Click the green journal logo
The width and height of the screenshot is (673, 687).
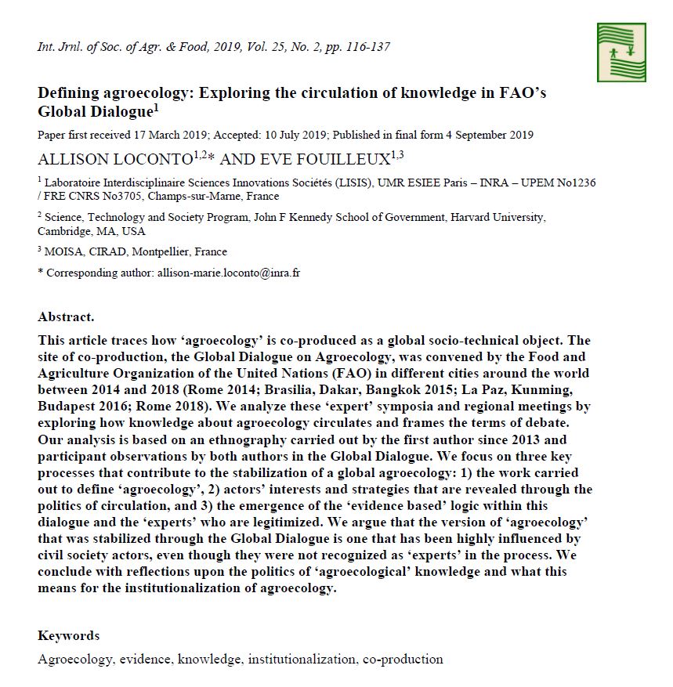[621, 52]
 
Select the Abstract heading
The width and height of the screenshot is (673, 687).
[66, 317]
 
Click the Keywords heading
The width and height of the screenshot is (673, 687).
[68, 635]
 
